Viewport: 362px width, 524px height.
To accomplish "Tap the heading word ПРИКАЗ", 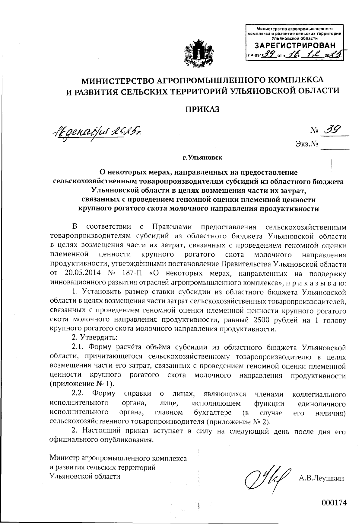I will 202,109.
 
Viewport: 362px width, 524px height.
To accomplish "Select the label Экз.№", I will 307,145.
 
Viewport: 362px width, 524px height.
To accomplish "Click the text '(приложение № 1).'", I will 81,384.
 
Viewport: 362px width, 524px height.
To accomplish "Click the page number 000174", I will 334,502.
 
